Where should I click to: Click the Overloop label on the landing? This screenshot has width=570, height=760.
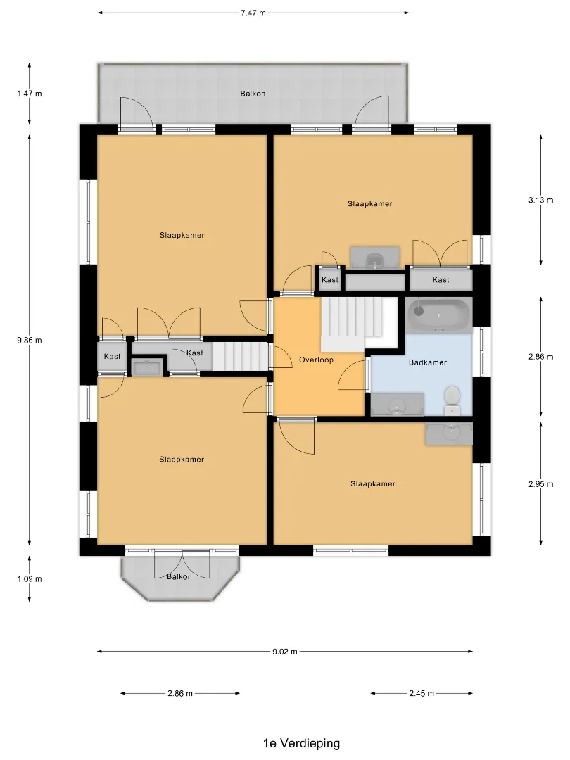(x=316, y=360)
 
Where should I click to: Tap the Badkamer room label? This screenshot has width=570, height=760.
(x=428, y=362)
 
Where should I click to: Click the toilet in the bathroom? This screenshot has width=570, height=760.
(x=452, y=400)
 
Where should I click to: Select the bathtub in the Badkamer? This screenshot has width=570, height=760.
(x=439, y=315)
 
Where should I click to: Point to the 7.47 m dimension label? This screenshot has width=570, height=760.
(x=253, y=13)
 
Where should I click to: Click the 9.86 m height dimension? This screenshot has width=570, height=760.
(x=30, y=341)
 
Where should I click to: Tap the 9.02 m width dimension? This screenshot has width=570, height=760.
(x=284, y=652)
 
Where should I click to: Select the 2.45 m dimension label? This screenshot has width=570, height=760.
(x=422, y=693)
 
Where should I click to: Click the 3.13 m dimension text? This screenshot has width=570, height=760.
(x=541, y=200)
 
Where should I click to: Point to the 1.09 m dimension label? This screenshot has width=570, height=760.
(x=30, y=578)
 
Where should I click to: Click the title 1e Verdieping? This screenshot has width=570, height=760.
(x=301, y=743)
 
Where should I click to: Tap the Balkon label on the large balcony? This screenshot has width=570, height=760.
(x=253, y=94)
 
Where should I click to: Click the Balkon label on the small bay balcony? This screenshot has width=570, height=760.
(x=179, y=576)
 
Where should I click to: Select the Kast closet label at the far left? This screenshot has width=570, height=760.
(x=112, y=356)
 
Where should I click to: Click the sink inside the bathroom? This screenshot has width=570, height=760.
(x=398, y=405)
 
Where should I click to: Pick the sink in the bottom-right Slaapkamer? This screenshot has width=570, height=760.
(x=449, y=433)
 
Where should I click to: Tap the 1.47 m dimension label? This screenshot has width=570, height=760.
(x=30, y=94)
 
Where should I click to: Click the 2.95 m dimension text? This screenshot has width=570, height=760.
(x=541, y=483)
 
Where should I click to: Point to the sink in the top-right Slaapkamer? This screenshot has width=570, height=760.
(x=375, y=258)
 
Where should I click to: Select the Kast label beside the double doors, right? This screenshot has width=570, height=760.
(x=441, y=279)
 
